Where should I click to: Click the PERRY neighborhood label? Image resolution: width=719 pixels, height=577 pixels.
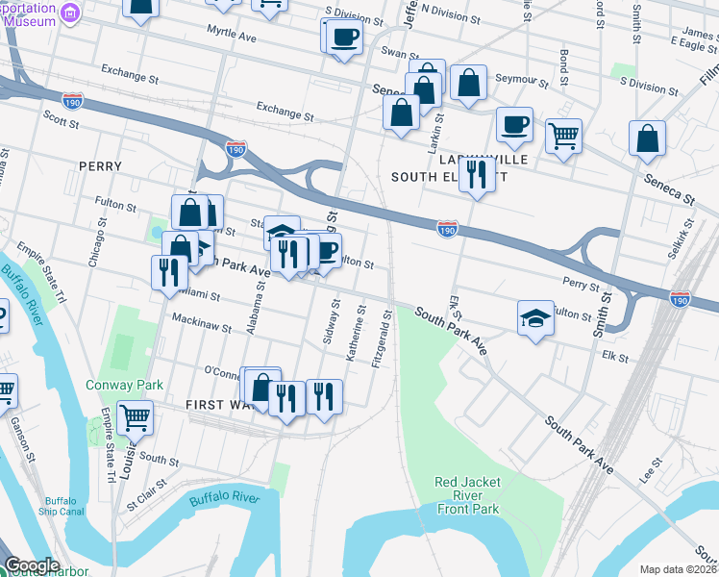click(x=101, y=166)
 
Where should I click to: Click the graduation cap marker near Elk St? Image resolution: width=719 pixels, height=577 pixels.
click(x=535, y=318)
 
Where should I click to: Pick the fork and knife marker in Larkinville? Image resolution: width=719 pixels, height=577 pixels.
click(x=477, y=174)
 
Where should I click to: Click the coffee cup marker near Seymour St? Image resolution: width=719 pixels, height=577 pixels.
click(x=514, y=123)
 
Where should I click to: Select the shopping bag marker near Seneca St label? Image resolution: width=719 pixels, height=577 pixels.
click(x=647, y=138)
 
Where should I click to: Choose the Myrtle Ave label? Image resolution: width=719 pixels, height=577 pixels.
click(x=232, y=35)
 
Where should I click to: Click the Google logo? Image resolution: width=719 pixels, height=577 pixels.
click(x=32, y=565)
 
